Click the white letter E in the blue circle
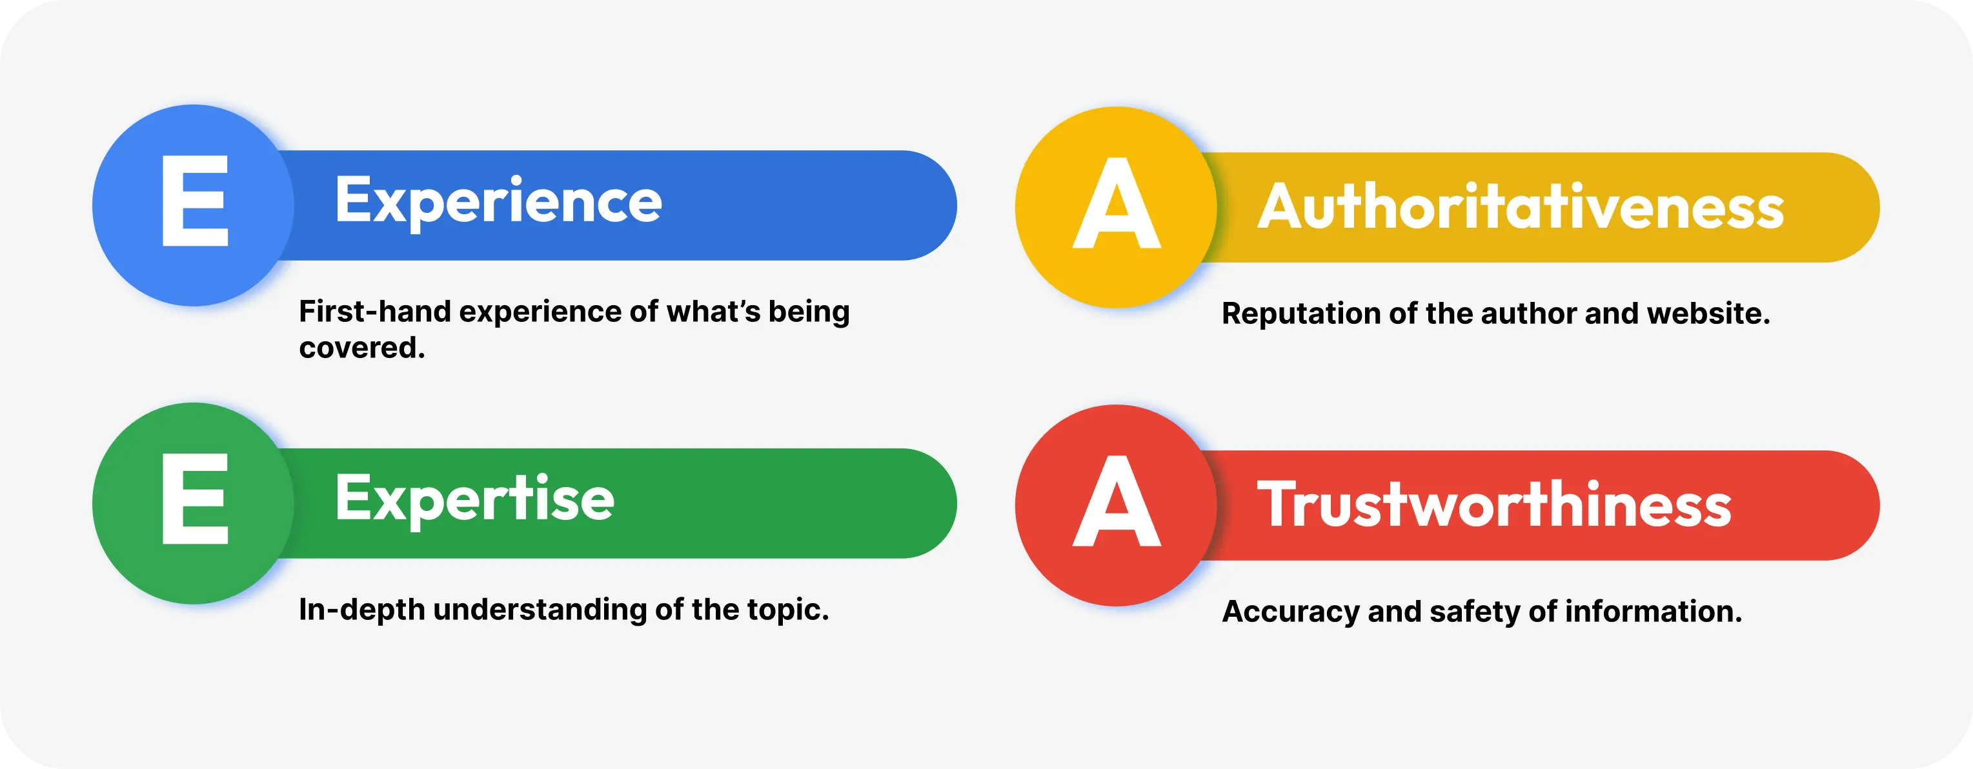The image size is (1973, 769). point(196,201)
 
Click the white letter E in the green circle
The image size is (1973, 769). point(196,499)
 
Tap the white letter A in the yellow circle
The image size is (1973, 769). point(1117,203)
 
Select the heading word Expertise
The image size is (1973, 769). point(475,499)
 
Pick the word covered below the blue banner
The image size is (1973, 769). point(361,348)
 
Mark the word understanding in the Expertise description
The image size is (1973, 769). point(540,610)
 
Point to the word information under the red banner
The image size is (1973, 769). point(1653,611)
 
